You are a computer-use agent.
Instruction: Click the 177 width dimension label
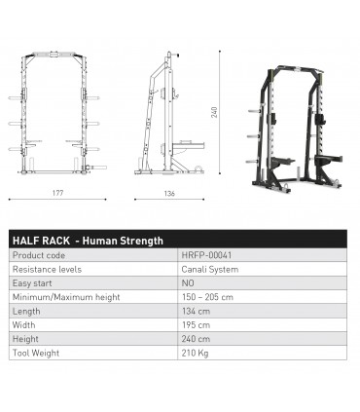pos(57,193)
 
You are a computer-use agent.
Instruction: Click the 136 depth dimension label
pos(169,193)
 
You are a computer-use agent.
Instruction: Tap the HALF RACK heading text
pos(87,241)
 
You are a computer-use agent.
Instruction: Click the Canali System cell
pos(205,269)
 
